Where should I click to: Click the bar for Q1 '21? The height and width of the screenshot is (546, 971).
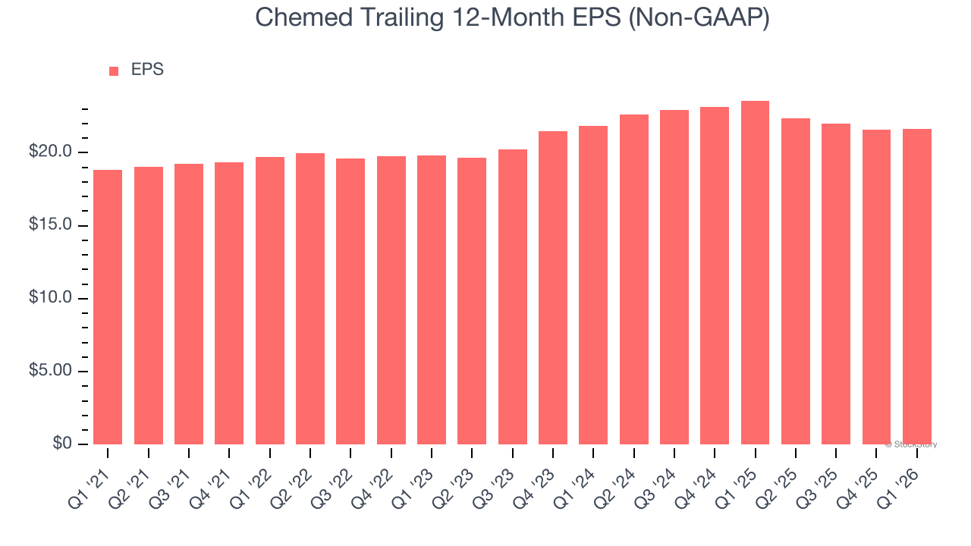(108, 307)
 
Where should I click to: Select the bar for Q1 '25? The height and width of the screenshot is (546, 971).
(755, 273)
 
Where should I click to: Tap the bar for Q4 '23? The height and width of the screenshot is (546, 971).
(552, 288)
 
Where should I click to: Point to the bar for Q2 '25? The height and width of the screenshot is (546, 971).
(795, 281)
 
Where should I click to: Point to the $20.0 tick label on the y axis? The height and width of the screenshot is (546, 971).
(51, 152)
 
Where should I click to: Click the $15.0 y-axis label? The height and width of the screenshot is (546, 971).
(51, 225)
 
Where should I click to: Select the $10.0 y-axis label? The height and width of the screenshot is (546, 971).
(51, 298)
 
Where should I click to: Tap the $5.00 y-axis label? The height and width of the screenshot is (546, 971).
(51, 371)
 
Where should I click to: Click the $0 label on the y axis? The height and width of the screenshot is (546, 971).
(62, 444)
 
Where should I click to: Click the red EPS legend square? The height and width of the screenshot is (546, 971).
(114, 71)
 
